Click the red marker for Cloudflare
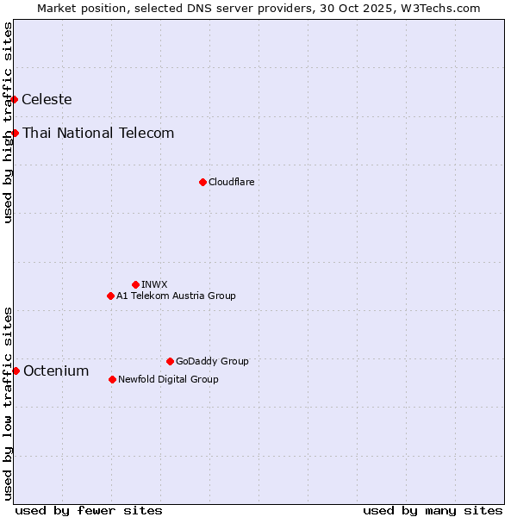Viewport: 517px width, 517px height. coord(202,182)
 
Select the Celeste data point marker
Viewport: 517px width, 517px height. coord(15,100)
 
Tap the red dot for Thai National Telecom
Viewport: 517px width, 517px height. coord(16,133)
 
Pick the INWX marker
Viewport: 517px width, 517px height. coord(135,284)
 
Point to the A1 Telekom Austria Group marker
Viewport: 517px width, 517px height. coord(110,296)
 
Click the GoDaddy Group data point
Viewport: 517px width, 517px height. coord(170,361)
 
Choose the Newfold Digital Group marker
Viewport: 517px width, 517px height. coord(113,379)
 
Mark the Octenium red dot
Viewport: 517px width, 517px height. coord(16,371)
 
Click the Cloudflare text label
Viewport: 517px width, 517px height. coord(231,182)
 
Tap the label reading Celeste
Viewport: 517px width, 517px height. coord(47,100)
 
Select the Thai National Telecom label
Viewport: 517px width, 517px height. coord(98,133)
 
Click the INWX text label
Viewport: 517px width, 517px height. coord(154,284)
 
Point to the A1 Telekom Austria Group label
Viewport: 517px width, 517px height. coord(176,296)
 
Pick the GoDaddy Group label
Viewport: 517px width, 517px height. coord(212,361)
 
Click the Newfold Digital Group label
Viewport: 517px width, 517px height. coord(168,379)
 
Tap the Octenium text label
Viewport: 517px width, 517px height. coord(56,371)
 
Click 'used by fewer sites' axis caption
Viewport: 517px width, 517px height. coord(89,510)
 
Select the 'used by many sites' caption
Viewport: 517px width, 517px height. coord(433,510)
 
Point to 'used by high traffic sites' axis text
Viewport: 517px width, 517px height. coord(8,122)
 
